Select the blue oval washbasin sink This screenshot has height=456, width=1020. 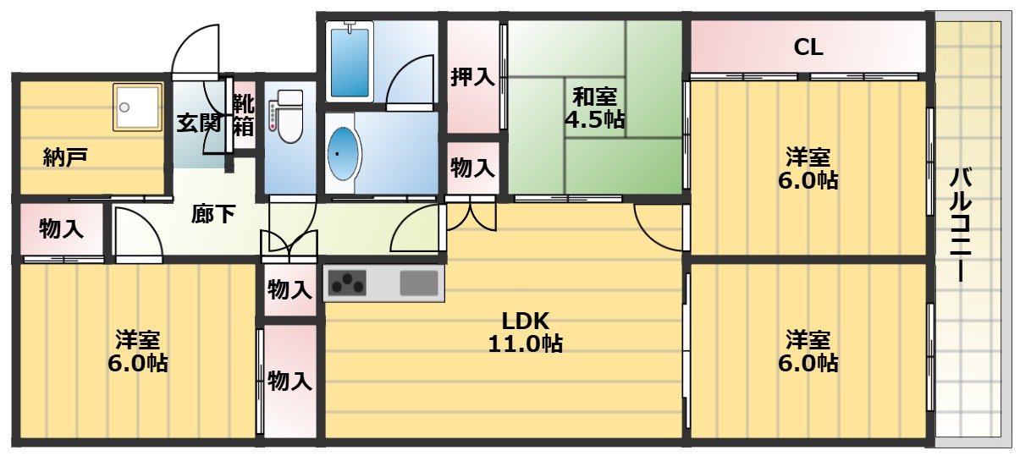(342, 153)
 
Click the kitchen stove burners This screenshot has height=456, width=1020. (348, 283)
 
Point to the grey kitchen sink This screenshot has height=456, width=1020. (418, 283)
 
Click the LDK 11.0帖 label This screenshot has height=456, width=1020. (526, 332)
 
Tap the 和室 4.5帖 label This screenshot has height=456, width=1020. (594, 107)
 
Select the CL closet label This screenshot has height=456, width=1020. (808, 47)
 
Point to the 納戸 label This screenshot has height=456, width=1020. (66, 157)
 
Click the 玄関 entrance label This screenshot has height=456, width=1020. (199, 123)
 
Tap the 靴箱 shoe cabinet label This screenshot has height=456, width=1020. (244, 115)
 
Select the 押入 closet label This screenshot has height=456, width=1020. (472, 77)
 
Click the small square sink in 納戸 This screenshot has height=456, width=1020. (138, 107)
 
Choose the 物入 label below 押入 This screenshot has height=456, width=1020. (472, 167)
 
